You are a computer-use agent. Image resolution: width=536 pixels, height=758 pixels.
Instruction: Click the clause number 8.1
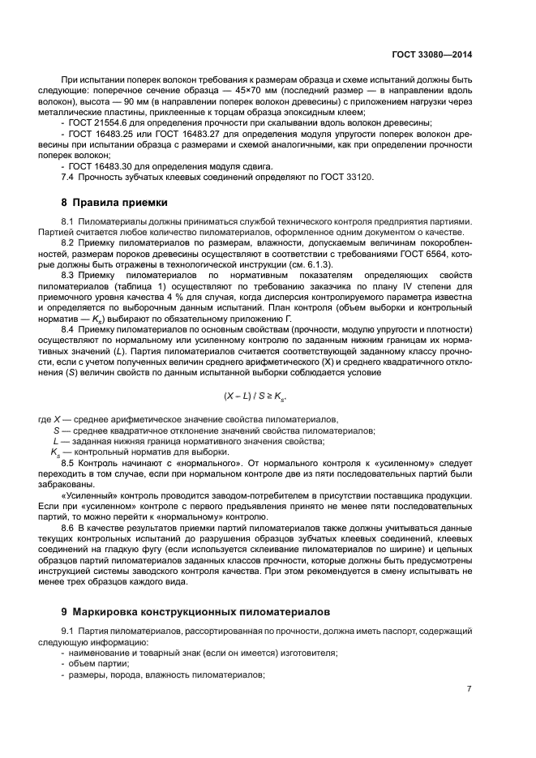[x=68, y=221]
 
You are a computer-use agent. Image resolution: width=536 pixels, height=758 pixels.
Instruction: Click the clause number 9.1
[x=68, y=631]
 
